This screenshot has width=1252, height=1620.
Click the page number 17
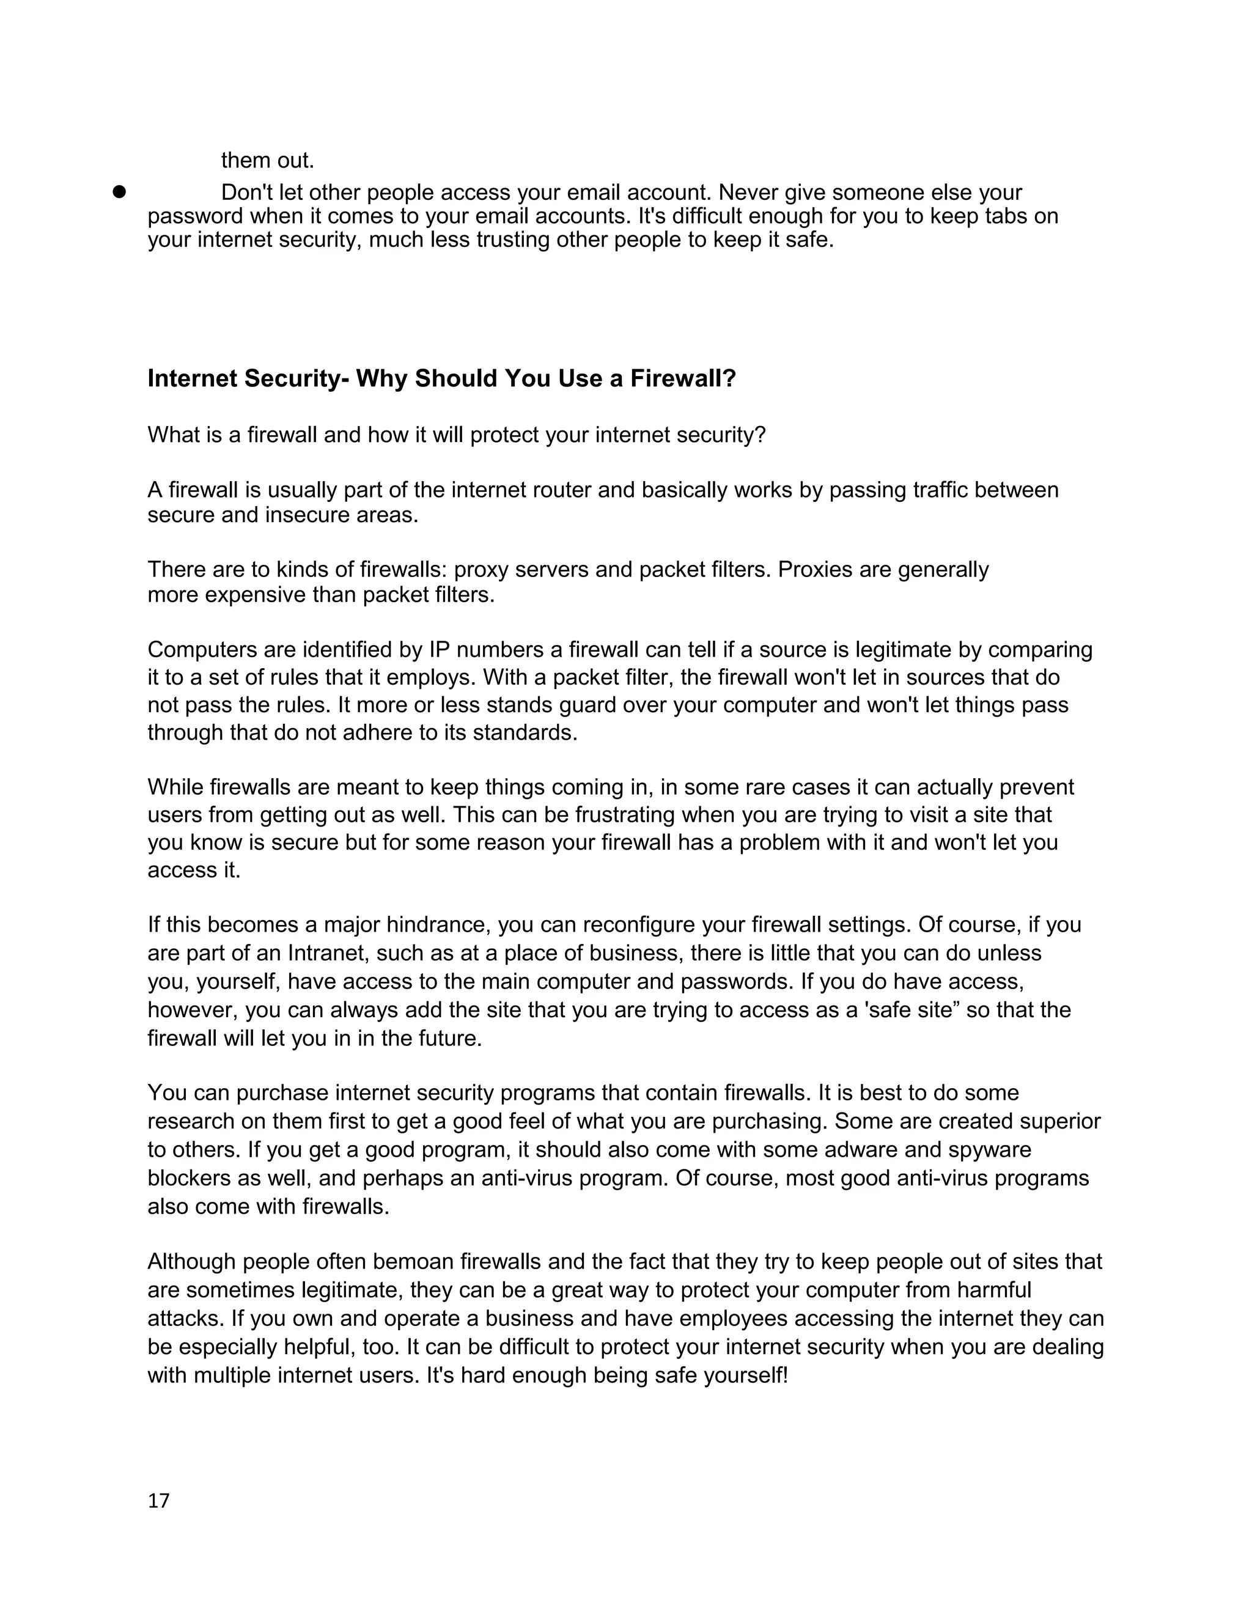159,1501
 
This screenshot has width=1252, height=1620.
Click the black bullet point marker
119,192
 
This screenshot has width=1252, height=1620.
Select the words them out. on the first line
268,160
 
